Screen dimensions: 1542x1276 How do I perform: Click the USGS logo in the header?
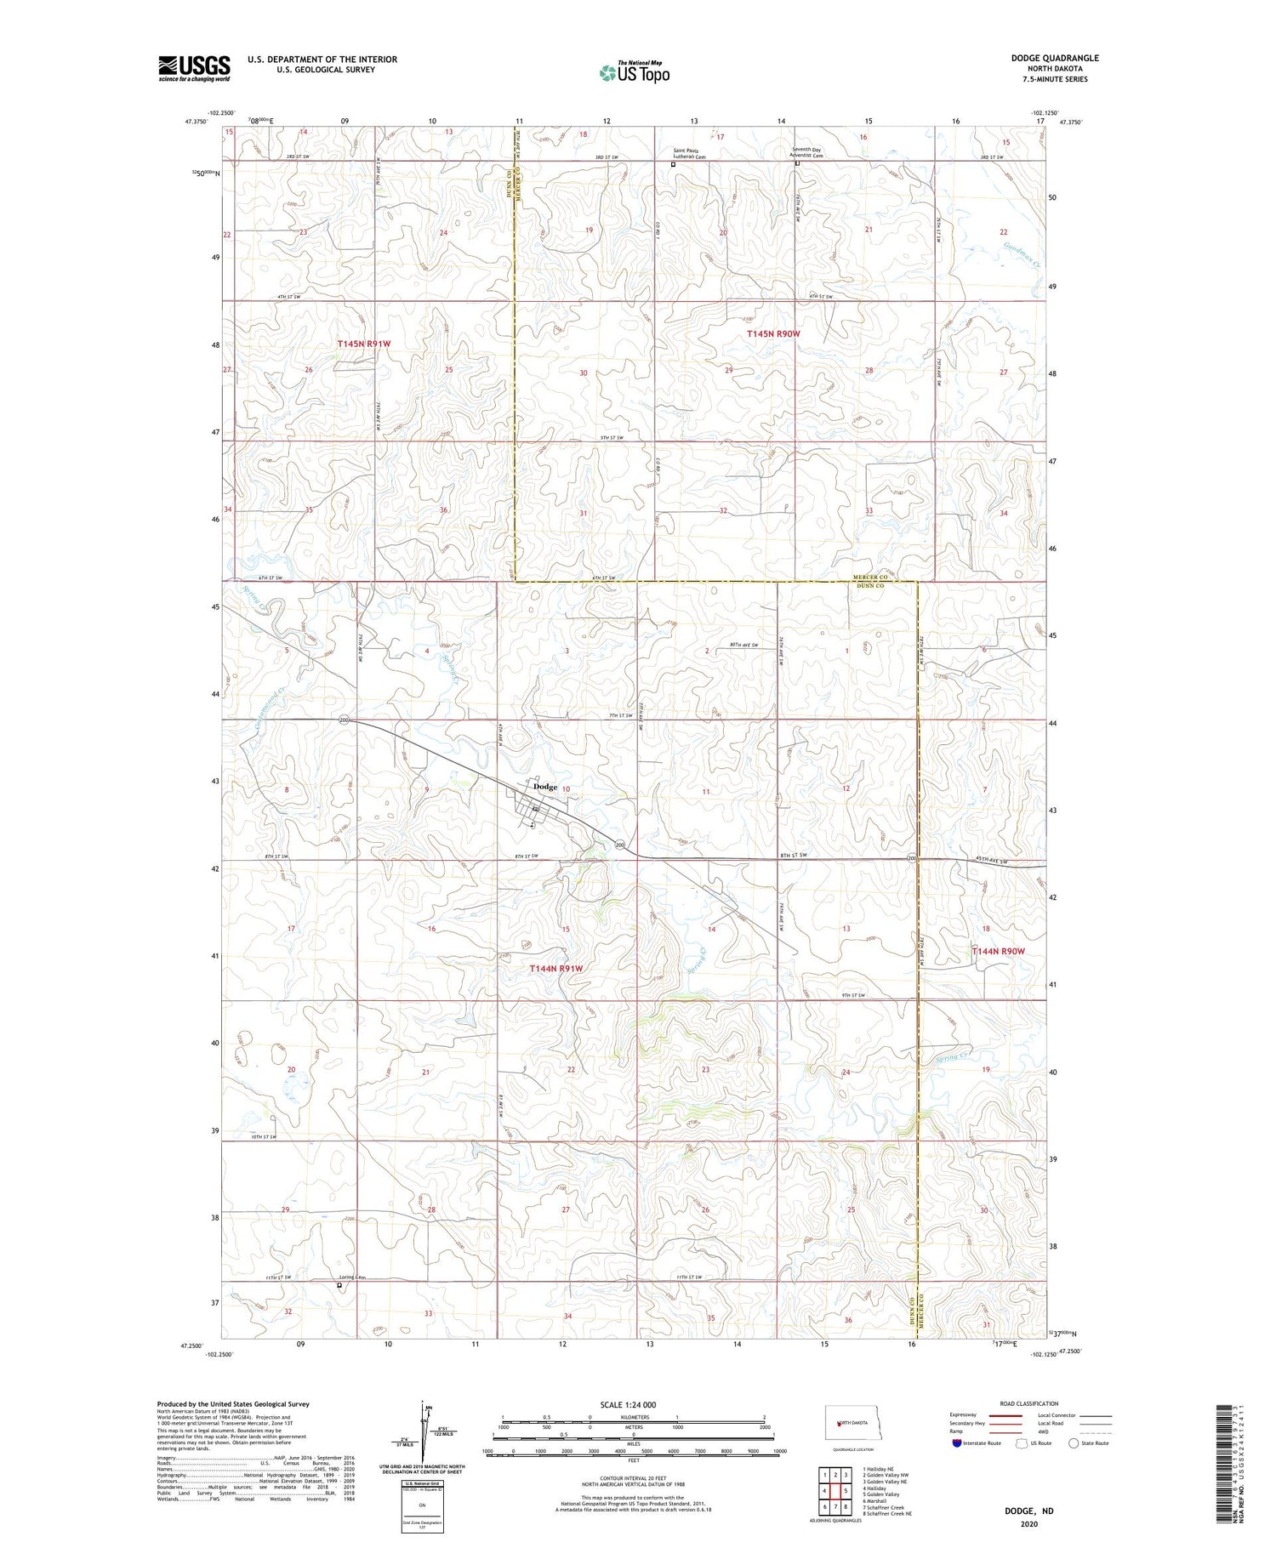(194, 68)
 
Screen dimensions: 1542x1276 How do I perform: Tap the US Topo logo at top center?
(634, 73)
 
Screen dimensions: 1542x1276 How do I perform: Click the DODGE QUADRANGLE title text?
(1054, 58)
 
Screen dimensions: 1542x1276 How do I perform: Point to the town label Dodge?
(544, 787)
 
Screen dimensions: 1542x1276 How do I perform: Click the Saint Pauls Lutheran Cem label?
(690, 154)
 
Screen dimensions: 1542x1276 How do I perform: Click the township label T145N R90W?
(773, 334)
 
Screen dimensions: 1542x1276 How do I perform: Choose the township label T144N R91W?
(556, 969)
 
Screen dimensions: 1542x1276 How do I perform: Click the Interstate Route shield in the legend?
(957, 1443)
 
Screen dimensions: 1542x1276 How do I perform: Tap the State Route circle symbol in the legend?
(1074, 1443)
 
